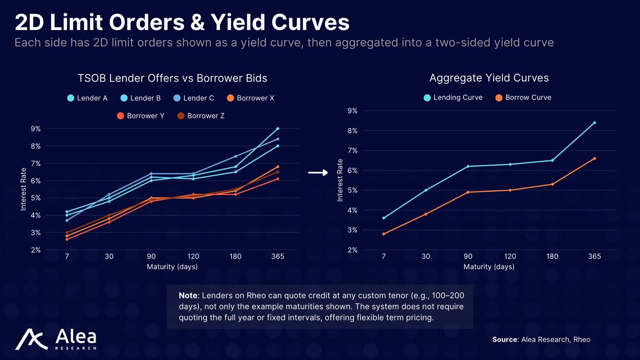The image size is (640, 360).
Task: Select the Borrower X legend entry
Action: tap(250, 98)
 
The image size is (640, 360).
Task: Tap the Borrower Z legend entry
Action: tap(200, 116)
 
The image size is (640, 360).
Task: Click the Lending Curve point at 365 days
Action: tap(595, 123)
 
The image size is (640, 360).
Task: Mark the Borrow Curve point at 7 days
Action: tap(384, 234)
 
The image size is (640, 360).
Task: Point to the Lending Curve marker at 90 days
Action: tap(468, 166)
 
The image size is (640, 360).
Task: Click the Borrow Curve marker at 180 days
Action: tap(552, 184)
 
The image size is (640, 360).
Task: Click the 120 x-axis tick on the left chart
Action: tap(193, 256)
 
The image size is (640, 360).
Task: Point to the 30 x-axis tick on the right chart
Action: tap(426, 256)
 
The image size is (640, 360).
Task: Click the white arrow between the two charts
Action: tap(319, 173)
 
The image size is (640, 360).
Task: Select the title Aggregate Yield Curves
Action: tap(489, 78)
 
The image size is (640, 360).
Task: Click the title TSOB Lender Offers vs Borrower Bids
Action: tap(172, 79)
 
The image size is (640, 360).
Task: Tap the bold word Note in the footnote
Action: tap(188, 295)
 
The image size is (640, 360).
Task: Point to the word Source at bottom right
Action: tap(504, 340)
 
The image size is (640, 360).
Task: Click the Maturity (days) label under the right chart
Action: tap(489, 267)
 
